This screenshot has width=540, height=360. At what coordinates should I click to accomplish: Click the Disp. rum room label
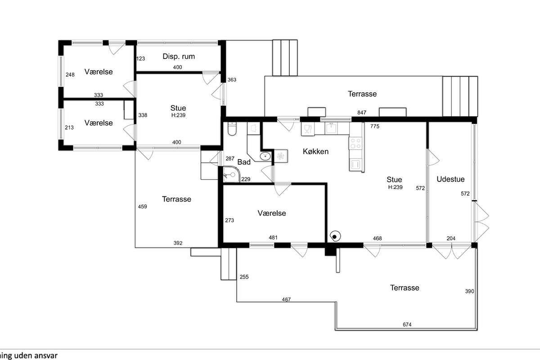click(179, 56)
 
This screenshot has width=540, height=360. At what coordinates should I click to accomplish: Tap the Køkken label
click(315, 152)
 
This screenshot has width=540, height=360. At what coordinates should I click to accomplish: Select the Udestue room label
click(450, 179)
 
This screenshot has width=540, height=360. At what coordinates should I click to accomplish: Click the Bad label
click(244, 162)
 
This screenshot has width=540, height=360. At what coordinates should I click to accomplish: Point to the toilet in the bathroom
click(232, 129)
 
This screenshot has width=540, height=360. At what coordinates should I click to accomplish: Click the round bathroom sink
click(265, 156)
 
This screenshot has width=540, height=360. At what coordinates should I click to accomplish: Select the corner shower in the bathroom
click(231, 174)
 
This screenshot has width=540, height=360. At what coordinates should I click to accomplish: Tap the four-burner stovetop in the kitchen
click(355, 143)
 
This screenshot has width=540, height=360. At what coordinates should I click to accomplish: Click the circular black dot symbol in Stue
click(335, 237)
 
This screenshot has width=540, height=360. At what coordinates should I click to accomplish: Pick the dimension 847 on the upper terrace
click(362, 112)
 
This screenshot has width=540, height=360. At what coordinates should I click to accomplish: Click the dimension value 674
click(407, 324)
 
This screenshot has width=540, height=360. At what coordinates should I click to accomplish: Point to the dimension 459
click(143, 207)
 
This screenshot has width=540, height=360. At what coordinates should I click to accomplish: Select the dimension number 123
click(141, 58)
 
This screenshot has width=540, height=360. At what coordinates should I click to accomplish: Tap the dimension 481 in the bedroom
click(273, 238)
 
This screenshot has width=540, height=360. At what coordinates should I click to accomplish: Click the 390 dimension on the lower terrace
click(470, 291)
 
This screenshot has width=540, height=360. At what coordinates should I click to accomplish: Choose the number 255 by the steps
click(244, 277)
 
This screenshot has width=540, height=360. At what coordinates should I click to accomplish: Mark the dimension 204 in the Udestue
click(451, 238)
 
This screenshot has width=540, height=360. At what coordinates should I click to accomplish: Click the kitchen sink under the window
click(332, 128)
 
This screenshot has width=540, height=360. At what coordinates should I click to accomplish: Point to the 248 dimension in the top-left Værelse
click(70, 75)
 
